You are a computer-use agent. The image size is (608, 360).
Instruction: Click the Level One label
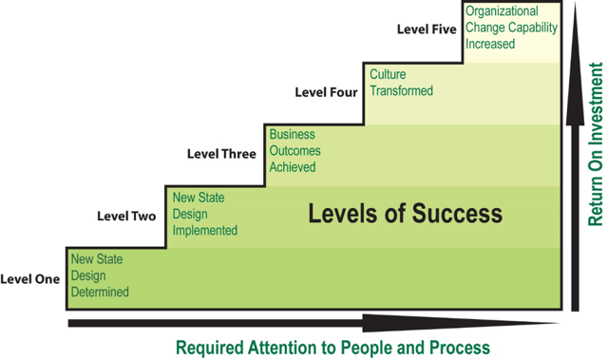30,279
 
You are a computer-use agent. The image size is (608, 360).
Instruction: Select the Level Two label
126,217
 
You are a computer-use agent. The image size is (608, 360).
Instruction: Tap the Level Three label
221,154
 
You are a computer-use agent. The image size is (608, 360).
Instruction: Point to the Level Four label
326,92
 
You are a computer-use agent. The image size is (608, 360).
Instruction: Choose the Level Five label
427,29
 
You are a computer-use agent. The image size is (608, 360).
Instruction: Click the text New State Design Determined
100,275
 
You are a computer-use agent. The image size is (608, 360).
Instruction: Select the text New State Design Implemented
204,214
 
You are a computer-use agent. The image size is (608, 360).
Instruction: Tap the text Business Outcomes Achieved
294,151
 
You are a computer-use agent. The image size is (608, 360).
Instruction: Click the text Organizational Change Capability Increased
510,28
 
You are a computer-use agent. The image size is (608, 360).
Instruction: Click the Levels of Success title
405,213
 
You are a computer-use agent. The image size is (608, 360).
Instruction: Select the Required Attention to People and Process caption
332,346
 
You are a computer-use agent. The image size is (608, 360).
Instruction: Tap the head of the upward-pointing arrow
575,71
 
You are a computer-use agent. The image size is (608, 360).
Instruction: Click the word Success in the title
456,213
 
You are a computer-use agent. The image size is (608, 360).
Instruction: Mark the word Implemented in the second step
204,230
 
